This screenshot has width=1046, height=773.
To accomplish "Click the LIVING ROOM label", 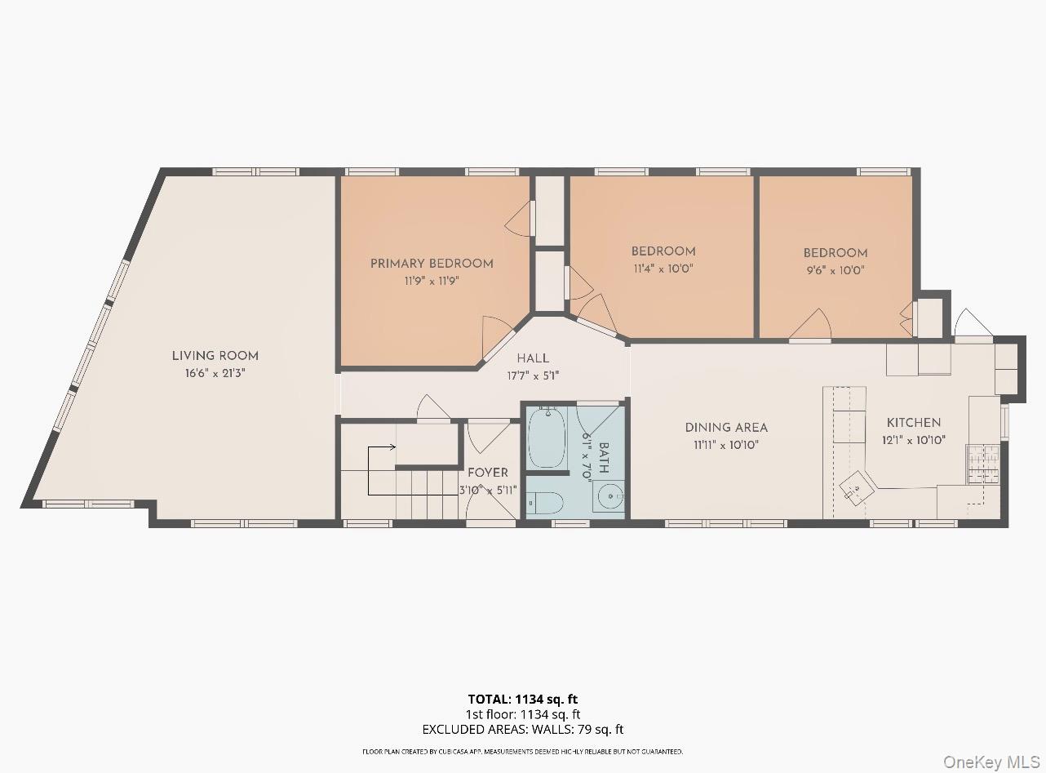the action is [215, 356].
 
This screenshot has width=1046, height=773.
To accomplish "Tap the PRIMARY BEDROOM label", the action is [432, 264].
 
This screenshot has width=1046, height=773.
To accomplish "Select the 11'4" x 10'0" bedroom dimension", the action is [663, 269].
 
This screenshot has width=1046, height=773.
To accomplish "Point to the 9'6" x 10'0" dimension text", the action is [835, 270].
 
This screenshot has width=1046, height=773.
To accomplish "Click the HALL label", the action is [533, 358].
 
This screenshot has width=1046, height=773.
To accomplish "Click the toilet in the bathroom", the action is [545, 503].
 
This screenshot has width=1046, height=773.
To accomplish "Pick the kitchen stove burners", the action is [983, 464].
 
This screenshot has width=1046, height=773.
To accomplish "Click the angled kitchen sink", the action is [858, 490].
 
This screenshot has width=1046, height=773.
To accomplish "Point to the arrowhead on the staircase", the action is [392, 447].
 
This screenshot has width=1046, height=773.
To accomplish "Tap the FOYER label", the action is [488, 473].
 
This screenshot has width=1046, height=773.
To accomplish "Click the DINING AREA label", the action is [726, 428].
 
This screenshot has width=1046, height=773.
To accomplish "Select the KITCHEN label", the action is [914, 422].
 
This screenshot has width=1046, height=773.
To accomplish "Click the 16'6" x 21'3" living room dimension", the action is [215, 373].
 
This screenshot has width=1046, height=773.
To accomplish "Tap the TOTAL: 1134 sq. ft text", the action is [522, 699].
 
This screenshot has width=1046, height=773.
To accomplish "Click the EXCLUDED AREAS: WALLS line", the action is [522, 730].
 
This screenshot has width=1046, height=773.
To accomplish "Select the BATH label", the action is [604, 457].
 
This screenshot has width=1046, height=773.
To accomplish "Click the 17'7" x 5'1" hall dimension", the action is [533, 376].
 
